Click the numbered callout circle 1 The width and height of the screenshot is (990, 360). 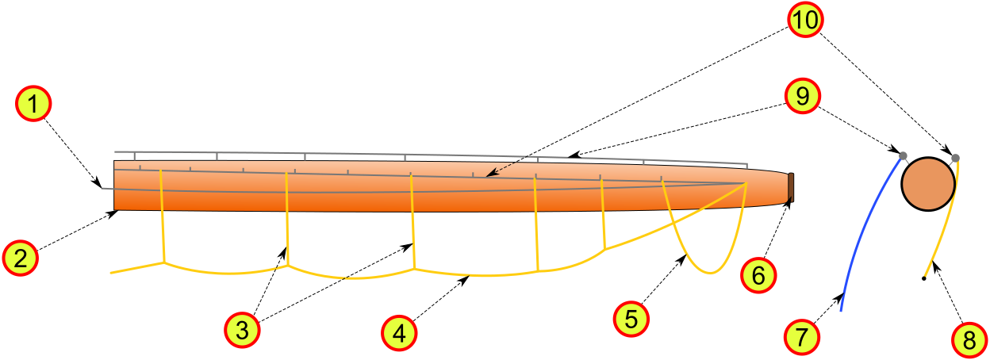tap(33, 103)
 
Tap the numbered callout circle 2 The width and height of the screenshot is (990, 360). tap(21, 258)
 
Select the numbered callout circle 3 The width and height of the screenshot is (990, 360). tap(242, 330)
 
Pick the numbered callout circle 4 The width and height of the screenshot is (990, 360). tap(399, 333)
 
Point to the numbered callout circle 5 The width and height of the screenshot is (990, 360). tap(631, 319)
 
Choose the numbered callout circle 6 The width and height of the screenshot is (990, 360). tap(758, 275)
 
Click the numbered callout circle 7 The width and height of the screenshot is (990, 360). tap(802, 337)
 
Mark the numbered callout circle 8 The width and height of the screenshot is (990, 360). tap(969, 339)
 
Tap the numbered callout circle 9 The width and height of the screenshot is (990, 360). tap(803, 96)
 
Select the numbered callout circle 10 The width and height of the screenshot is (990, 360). tap(805, 20)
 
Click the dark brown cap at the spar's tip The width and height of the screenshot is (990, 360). tap(791, 188)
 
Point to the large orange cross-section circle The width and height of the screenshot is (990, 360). tap(928, 184)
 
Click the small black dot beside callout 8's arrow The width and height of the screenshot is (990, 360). tap(923, 279)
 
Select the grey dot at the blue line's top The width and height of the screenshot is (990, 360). tap(903, 156)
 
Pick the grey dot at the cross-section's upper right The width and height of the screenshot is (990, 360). tap(955, 158)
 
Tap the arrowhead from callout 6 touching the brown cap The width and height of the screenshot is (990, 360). tap(787, 203)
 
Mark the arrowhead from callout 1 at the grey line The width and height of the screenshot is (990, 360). tap(98, 182)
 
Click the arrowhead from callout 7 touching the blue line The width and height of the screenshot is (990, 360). tap(838, 298)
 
